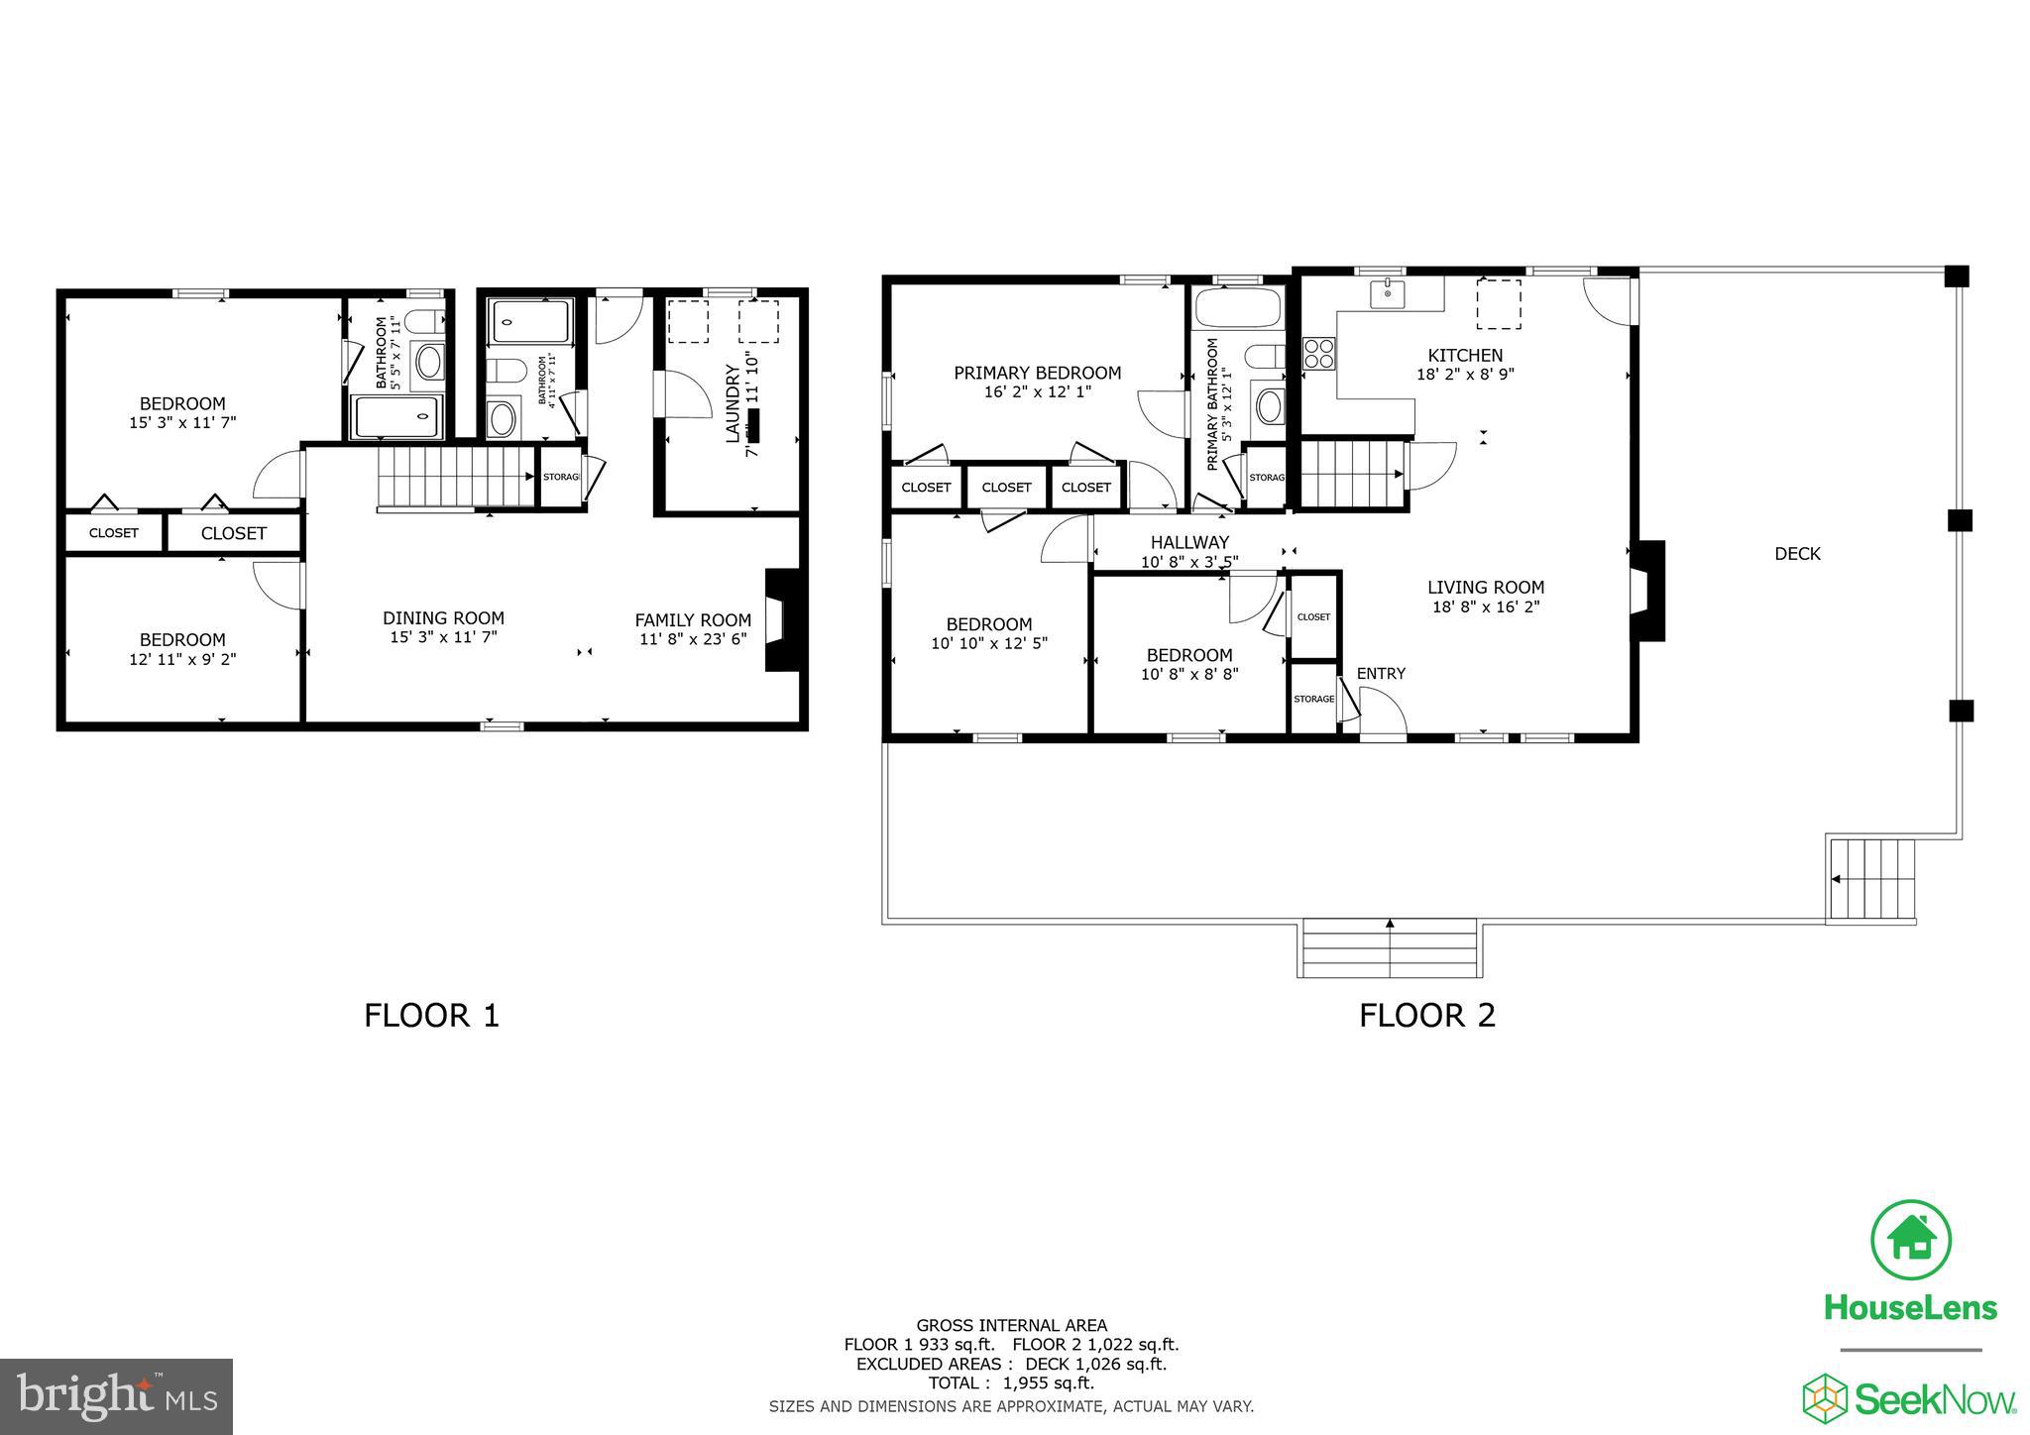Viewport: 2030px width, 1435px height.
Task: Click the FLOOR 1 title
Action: pyautogui.click(x=431, y=1016)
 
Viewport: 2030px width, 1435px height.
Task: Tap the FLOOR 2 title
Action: pyautogui.click(x=1426, y=1016)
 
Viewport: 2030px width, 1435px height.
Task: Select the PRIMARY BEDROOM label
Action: pyautogui.click(x=1037, y=373)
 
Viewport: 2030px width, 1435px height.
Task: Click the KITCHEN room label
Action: pyautogui.click(x=1464, y=355)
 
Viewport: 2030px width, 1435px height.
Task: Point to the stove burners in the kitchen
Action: pyautogui.click(x=1318, y=354)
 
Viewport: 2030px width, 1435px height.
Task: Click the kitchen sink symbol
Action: pyautogui.click(x=1388, y=293)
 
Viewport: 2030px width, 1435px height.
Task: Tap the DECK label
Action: pyautogui.click(x=1797, y=554)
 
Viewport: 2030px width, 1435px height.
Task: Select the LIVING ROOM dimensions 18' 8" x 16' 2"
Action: pyautogui.click(x=1485, y=607)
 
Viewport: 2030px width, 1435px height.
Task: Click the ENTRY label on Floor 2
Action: pyautogui.click(x=1381, y=674)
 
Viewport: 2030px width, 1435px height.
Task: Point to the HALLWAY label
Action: pyautogui.click(x=1189, y=542)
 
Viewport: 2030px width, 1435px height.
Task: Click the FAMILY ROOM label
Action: pyautogui.click(x=693, y=620)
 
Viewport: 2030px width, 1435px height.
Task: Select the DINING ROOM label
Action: pyautogui.click(x=443, y=617)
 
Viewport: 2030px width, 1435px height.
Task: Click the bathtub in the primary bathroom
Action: pyautogui.click(x=1239, y=308)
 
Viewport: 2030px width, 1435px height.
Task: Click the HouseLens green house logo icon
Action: pyautogui.click(x=1910, y=1240)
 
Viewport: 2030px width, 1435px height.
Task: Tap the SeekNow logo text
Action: pyautogui.click(x=1934, y=1399)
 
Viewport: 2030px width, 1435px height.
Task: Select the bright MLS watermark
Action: pyautogui.click(x=116, y=1397)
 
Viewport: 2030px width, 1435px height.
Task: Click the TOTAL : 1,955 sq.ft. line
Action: pyautogui.click(x=1011, y=1383)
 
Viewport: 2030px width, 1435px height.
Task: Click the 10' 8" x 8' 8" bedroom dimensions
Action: pyautogui.click(x=1189, y=674)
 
